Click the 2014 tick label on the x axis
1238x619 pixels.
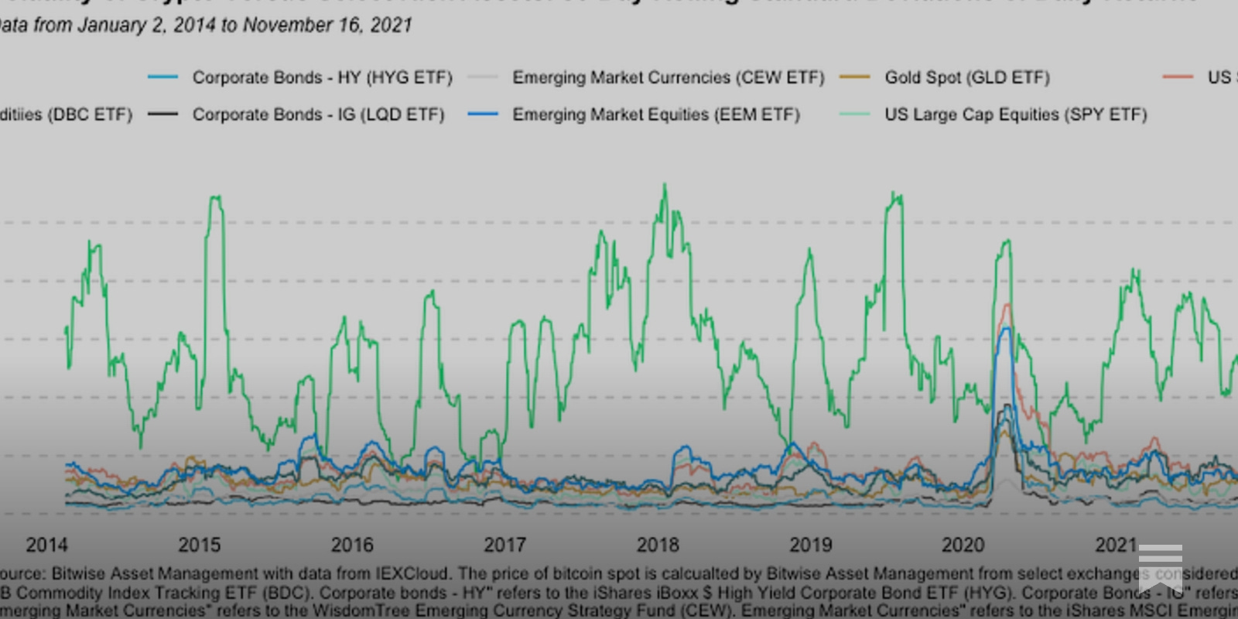click(46, 545)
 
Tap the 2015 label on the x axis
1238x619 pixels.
click(199, 545)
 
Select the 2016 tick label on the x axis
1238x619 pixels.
click(352, 545)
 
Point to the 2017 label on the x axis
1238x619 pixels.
click(504, 545)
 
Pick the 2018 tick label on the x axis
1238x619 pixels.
click(658, 545)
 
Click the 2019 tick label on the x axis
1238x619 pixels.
click(810, 545)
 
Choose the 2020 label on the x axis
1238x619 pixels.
click(963, 545)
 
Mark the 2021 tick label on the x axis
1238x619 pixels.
click(1116, 545)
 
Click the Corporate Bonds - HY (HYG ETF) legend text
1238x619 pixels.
click(322, 77)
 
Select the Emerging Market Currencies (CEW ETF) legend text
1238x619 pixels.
click(668, 77)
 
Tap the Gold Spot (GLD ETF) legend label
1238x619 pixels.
click(967, 77)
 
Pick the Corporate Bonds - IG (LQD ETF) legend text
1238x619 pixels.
click(318, 115)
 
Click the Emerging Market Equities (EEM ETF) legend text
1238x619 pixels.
click(655, 115)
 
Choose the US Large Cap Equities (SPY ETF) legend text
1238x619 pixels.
click(1015, 115)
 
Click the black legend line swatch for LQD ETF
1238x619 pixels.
click(162, 115)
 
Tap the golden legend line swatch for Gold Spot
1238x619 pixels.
click(855, 77)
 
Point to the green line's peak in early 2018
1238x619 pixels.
click(665, 186)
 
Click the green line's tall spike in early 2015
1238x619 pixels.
click(216, 198)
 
